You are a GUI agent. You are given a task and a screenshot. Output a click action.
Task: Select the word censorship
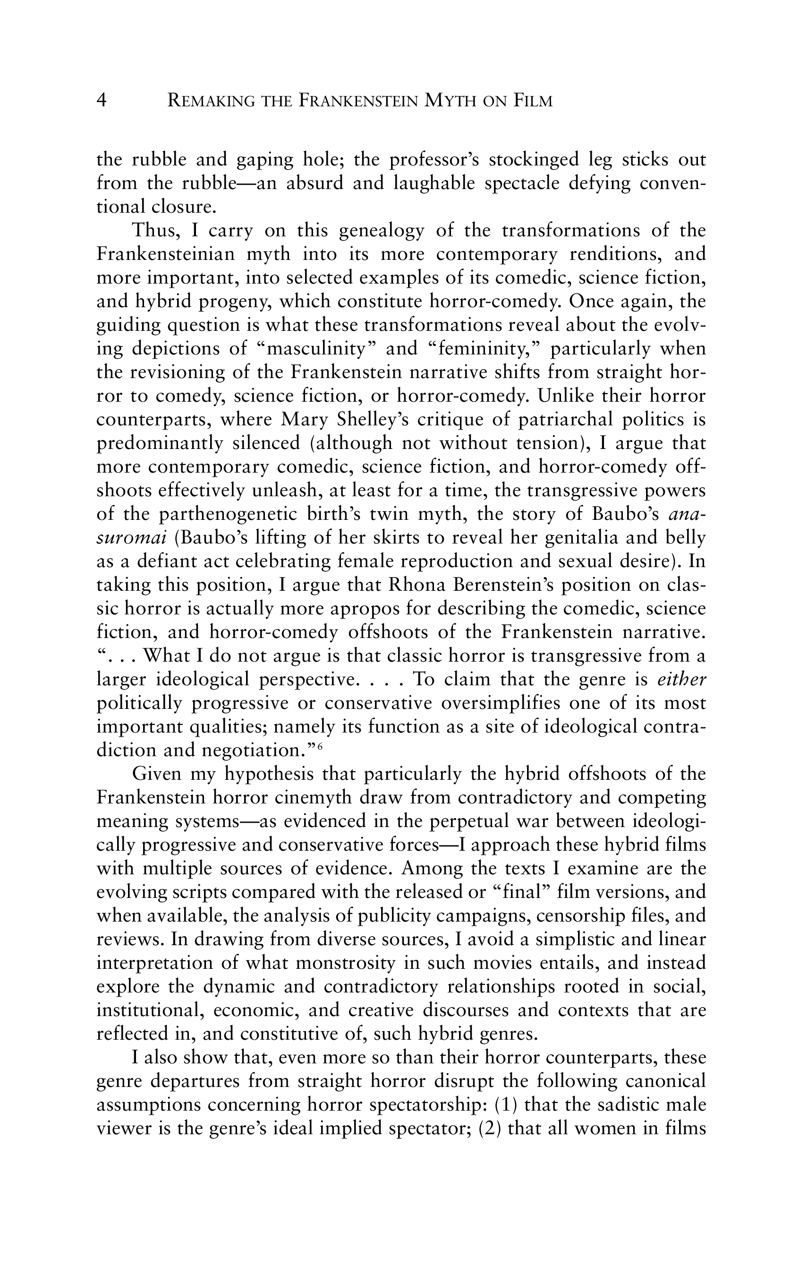coord(588,916)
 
